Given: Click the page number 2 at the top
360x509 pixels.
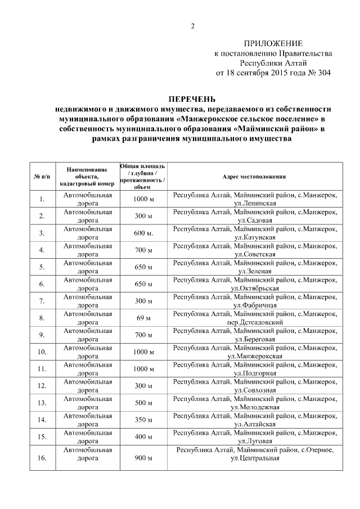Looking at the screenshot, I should coord(193,26).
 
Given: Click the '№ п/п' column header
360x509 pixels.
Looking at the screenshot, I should coord(42,176).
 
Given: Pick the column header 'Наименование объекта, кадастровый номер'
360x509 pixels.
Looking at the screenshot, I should coord(87,176).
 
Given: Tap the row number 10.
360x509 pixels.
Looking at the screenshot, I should coord(42,352).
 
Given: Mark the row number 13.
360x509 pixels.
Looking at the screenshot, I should coord(42,403).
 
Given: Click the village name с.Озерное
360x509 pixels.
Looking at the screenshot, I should coord(318,451).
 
